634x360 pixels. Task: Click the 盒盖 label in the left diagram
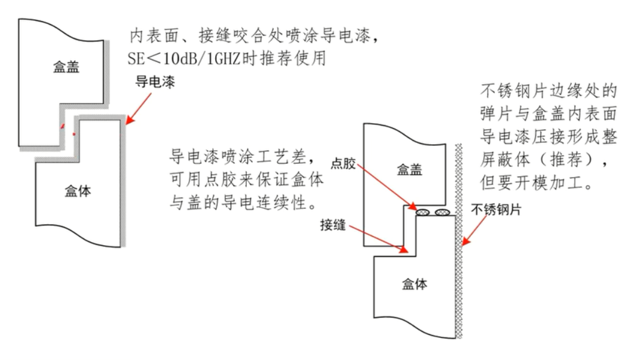coord(66,68)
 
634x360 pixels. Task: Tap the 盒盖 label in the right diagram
coord(409,170)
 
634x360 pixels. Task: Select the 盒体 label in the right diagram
coord(414,283)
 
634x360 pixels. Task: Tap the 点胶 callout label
coord(346,166)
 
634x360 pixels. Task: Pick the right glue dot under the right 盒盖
coord(443,212)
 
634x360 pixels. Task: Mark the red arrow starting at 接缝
coord(376,240)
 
